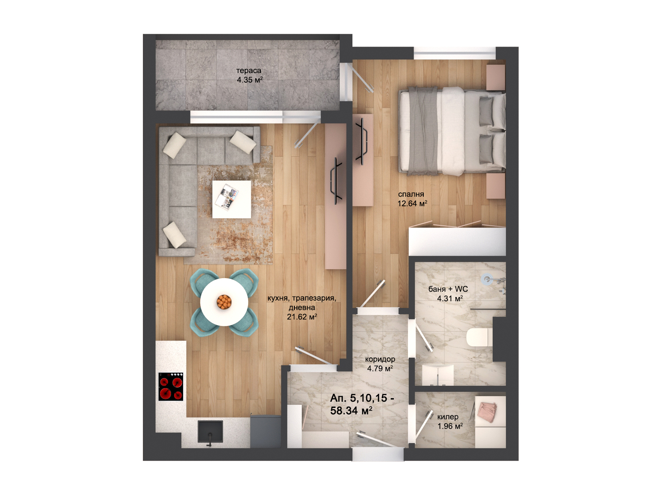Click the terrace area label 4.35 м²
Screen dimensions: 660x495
(249, 80)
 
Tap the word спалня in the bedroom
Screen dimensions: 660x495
(411, 194)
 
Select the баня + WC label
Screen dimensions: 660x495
(448, 289)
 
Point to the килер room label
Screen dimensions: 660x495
(448, 417)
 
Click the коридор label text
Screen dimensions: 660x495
(380, 359)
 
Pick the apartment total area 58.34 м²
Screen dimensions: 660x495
(352, 411)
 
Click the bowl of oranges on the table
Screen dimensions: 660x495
(224, 302)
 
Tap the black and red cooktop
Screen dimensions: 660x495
(171, 386)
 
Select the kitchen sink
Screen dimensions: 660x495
(210, 432)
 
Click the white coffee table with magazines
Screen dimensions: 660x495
(231, 199)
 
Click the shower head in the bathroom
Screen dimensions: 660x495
(487, 279)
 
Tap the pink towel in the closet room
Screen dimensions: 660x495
(488, 412)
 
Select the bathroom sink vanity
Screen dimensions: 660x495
(438, 375)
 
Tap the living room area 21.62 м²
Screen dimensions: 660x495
(302, 317)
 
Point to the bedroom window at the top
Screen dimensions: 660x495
(455, 53)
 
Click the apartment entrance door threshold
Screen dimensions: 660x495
(378, 454)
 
